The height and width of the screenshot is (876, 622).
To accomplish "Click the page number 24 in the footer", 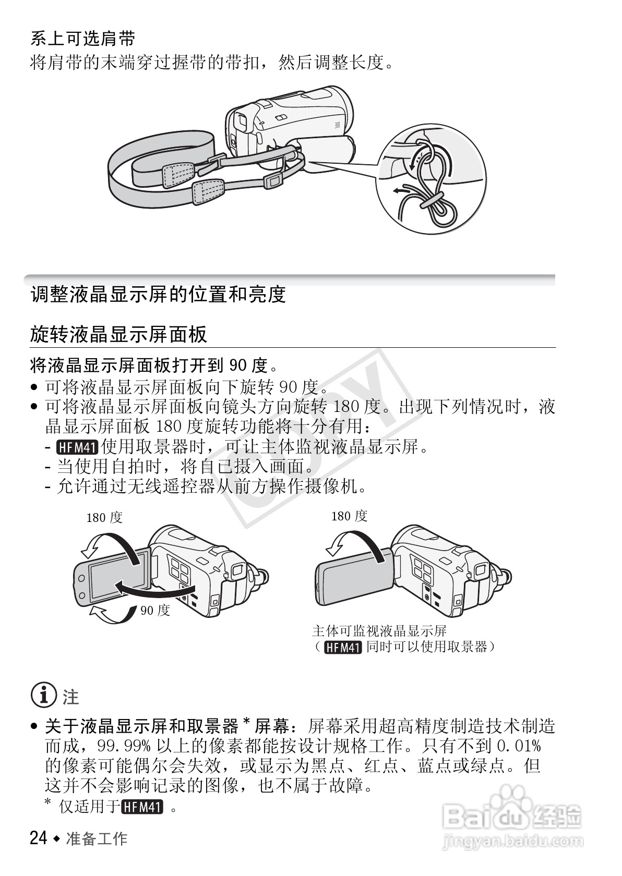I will tap(39, 838).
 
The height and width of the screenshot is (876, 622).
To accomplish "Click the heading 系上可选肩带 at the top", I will tap(83, 39).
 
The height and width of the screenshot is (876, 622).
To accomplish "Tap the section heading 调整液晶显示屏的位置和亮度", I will tap(158, 295).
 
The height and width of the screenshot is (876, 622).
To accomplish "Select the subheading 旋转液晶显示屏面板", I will tap(119, 334).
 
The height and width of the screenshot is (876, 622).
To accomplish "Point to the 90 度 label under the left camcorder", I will tap(155, 610).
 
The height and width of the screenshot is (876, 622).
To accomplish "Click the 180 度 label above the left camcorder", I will tap(104, 517).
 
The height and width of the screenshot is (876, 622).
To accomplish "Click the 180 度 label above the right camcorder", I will tap(349, 516).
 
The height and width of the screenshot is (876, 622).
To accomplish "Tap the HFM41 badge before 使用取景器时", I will tap(77, 447).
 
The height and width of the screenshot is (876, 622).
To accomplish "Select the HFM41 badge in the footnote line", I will tap(142, 808).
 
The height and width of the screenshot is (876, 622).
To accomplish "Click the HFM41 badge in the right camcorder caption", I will tap(343, 648).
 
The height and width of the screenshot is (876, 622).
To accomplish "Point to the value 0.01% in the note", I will tap(517, 746).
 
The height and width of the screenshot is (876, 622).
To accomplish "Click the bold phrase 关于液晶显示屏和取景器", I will tap(141, 725).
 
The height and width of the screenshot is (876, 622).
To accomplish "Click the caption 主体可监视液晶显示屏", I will tap(379, 631).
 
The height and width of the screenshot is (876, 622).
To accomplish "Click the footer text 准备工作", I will tap(97, 838).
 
